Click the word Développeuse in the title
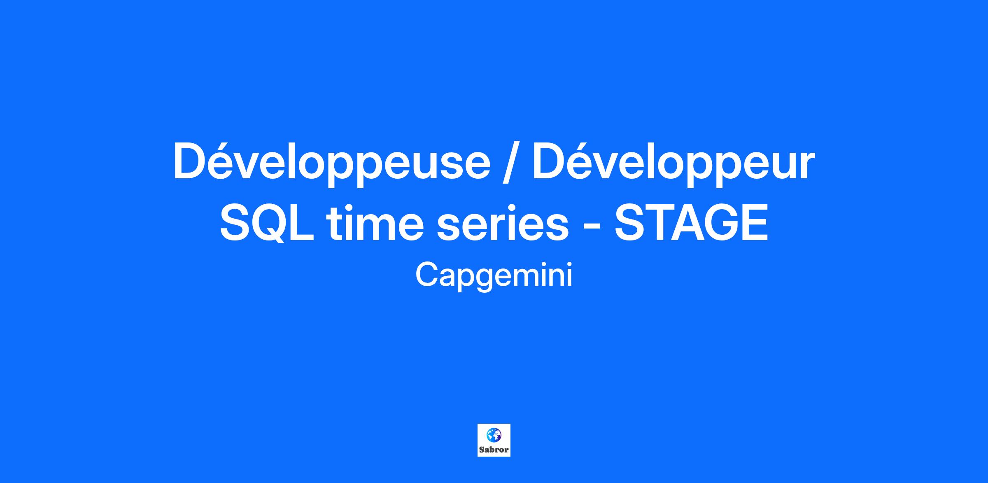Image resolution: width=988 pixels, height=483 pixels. coord(331,164)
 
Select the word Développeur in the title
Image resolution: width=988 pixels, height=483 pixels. coord(673,164)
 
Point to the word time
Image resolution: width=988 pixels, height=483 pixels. coord(375,222)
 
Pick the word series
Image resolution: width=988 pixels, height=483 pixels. coord(503,224)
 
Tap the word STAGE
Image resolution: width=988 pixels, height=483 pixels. coord(691,223)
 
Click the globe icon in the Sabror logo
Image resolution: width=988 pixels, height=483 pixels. coord(494,434)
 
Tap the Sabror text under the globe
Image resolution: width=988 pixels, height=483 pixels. coord(494,449)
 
